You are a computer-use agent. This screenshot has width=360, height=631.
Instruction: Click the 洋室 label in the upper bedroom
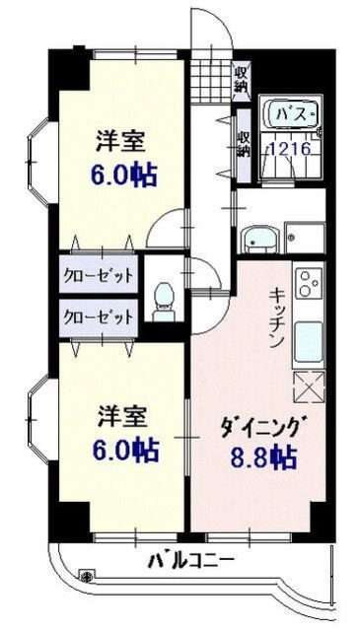click(122, 141)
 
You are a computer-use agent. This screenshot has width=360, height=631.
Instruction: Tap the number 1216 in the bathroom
click(291, 149)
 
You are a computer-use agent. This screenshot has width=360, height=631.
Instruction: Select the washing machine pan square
click(304, 237)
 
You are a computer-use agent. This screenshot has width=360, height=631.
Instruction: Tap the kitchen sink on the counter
click(309, 341)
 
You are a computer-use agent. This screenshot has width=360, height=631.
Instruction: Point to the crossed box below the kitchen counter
click(309, 387)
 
